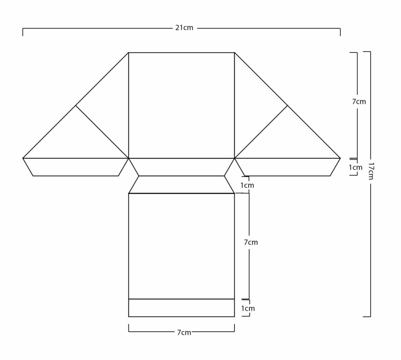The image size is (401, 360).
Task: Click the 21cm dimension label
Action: click(x=184, y=28)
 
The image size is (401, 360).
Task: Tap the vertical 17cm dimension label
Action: click(x=371, y=171)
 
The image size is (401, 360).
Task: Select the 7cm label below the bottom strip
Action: click(x=184, y=332)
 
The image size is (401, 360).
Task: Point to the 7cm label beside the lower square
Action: click(x=251, y=242)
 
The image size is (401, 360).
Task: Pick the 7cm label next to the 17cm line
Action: click(x=359, y=102)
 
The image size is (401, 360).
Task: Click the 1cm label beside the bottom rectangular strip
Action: click(x=248, y=308)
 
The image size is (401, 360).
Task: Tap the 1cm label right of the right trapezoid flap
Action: click(x=356, y=167)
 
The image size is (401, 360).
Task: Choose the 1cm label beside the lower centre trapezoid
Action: click(x=247, y=185)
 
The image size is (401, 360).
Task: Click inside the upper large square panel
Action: click(x=182, y=106)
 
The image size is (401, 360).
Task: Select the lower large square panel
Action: click(x=182, y=246)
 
